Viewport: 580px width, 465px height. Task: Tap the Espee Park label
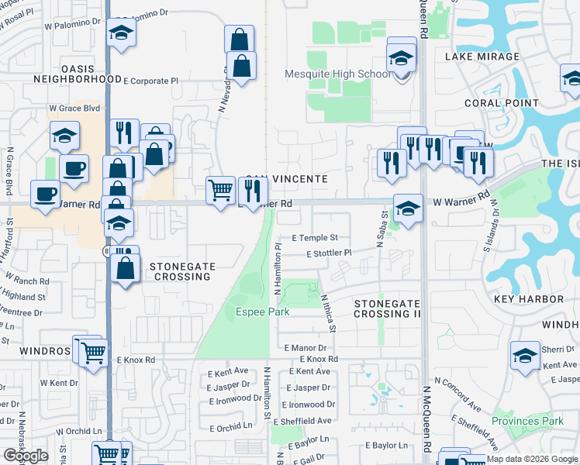(x=263, y=312)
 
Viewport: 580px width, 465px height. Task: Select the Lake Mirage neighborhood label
(x=482, y=57)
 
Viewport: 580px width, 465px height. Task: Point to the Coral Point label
(x=502, y=103)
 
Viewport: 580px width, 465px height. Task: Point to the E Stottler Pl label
(x=329, y=253)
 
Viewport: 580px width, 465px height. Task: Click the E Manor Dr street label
(x=309, y=349)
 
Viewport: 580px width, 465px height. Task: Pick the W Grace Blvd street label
(x=76, y=108)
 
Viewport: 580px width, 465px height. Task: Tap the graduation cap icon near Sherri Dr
(x=525, y=355)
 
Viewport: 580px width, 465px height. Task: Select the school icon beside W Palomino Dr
(x=121, y=33)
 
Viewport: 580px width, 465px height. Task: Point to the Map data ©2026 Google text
(x=533, y=459)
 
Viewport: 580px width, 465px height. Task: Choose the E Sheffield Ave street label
(x=306, y=421)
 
